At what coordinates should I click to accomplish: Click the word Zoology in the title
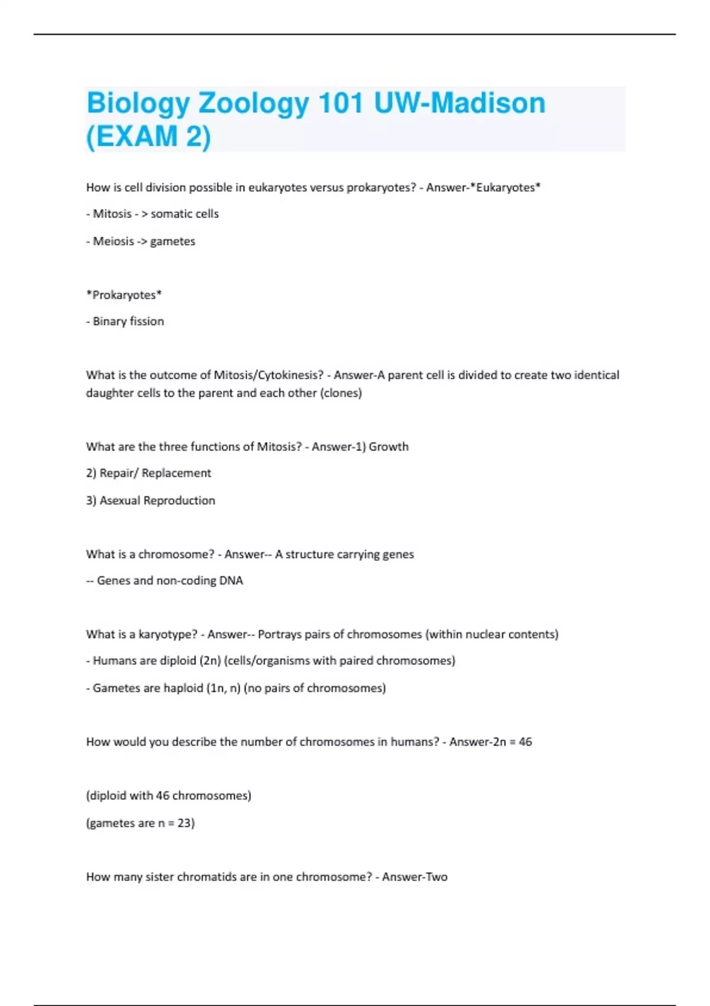coord(253,104)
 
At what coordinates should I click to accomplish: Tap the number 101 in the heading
coord(340,104)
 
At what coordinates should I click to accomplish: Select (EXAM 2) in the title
coord(149,137)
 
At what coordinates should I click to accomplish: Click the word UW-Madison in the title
coord(460,104)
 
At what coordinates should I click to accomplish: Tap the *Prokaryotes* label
coord(124,295)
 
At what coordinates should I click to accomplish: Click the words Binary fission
coord(128,321)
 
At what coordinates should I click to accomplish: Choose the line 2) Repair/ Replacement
coord(148,473)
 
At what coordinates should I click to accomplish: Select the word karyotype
coord(167,634)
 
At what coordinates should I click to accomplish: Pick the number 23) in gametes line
coord(186,823)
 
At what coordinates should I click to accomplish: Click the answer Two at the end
coord(435,877)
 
